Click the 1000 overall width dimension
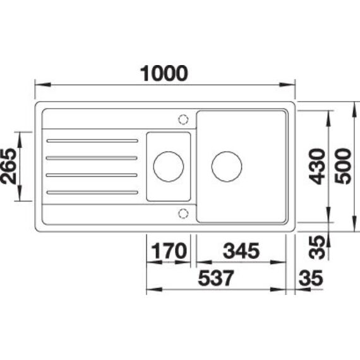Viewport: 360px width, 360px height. tap(164, 73)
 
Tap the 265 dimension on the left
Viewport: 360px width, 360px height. tap(9, 166)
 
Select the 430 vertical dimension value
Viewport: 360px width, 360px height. tap(317, 167)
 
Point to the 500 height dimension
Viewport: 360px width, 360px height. tap(343, 166)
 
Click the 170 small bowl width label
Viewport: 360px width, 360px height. tap(169, 251)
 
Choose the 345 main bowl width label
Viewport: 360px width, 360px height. tap(241, 251)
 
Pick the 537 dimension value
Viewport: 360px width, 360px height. tap(216, 278)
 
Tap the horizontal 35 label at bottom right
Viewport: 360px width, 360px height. tap(311, 278)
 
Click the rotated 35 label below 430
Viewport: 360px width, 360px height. tap(317, 248)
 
